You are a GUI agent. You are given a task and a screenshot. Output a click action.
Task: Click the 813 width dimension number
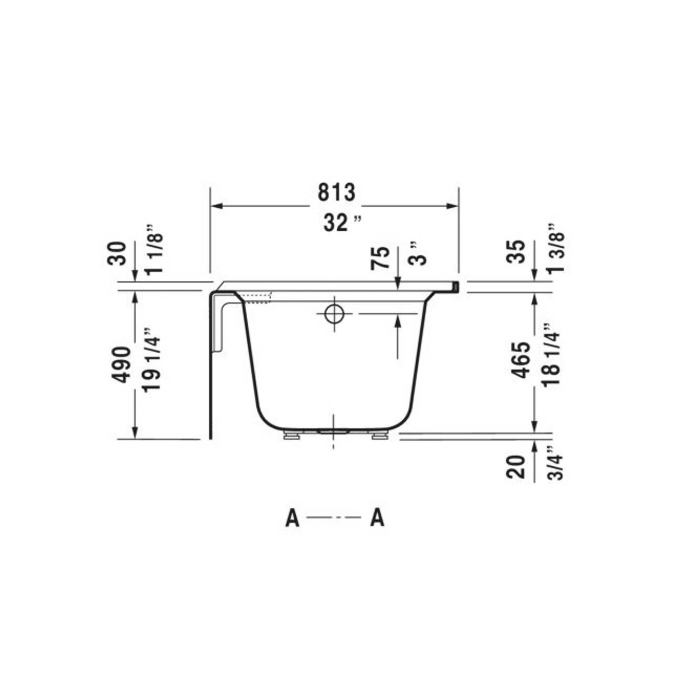click(x=336, y=192)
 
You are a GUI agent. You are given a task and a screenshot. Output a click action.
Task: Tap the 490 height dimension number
click(x=121, y=364)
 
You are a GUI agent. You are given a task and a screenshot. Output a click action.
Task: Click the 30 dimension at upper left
click(x=118, y=254)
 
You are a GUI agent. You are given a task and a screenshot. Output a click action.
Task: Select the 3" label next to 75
click(x=420, y=254)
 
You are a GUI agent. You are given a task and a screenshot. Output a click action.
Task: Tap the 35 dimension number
click(x=516, y=252)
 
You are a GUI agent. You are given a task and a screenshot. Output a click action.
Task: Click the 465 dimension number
click(x=521, y=360)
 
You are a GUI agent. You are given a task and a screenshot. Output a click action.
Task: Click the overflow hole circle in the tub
click(x=334, y=314)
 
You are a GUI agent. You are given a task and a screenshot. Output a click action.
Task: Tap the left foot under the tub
click(x=292, y=436)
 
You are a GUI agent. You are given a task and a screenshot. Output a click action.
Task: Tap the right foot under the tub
click(x=379, y=436)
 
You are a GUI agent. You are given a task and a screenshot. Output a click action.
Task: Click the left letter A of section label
click(x=292, y=518)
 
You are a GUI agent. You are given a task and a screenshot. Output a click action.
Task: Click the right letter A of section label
click(x=377, y=518)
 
